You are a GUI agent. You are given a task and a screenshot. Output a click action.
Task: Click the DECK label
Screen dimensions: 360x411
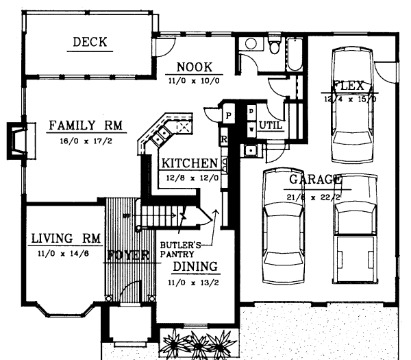tap(90, 43)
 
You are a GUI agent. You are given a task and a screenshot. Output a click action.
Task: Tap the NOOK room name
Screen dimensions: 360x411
tap(195, 67)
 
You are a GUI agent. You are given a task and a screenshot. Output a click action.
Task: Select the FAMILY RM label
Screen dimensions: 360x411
tap(86, 125)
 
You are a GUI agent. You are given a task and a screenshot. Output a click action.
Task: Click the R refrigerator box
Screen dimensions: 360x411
tap(224, 139)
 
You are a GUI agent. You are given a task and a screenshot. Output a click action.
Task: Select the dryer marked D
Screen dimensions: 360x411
tap(251, 111)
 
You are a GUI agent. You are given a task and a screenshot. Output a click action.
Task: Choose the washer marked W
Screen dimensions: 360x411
tap(251, 127)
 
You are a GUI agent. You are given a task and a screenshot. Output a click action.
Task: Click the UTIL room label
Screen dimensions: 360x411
tap(270, 125)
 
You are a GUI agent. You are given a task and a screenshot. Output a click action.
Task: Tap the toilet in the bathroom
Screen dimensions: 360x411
tap(275, 47)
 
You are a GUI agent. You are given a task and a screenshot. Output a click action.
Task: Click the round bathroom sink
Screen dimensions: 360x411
tap(250, 45)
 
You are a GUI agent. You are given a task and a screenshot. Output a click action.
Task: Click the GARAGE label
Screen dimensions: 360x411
tap(314, 180)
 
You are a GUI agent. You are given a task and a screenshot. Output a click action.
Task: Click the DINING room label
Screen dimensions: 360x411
tap(195, 266)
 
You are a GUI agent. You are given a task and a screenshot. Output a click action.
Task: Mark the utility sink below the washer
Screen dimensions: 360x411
tap(251, 149)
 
